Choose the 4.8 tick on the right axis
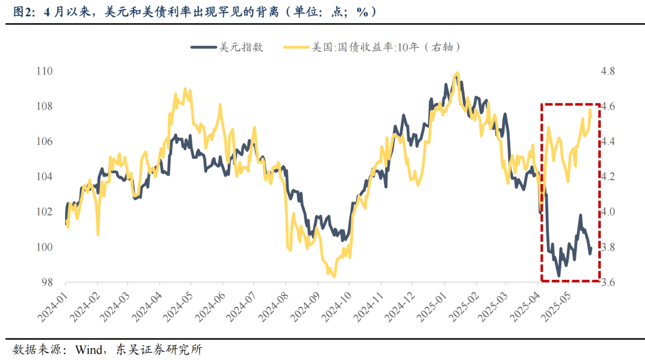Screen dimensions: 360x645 [x=607, y=71]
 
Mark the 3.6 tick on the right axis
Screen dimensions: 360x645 [x=607, y=282]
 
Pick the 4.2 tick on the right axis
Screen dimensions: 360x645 [x=607, y=177]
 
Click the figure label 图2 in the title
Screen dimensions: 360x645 [x=23, y=11]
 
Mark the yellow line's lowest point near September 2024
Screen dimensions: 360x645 [x=334, y=276]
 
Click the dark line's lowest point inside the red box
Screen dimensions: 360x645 [x=559, y=276]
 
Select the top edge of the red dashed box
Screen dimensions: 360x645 [x=570, y=104]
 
